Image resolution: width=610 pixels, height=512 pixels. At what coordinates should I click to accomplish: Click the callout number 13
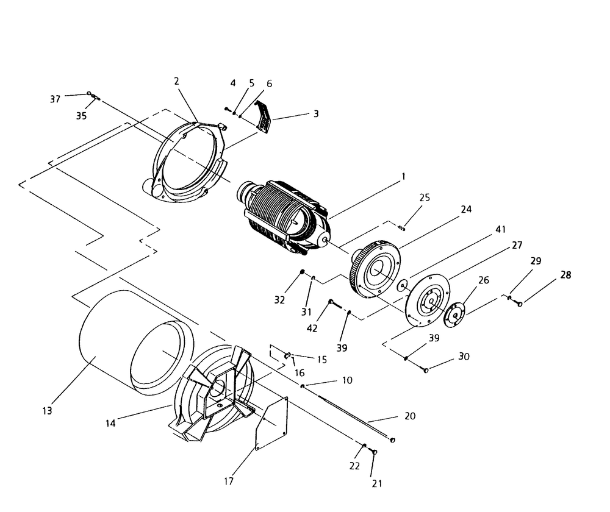pos(48,410)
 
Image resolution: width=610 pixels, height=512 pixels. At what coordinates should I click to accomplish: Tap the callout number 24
pos(466,208)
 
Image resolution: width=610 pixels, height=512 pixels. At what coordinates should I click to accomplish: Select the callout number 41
pos(501,230)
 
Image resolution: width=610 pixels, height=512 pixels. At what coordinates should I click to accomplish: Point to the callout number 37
pos(56,99)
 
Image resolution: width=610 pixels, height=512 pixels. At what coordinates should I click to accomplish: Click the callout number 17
pos(229,481)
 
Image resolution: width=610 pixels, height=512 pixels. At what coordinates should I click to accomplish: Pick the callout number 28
pos(566,276)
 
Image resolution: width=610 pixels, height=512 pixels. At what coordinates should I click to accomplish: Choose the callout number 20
pos(410,416)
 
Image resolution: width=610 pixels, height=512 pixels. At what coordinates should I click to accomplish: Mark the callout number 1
pos(403,177)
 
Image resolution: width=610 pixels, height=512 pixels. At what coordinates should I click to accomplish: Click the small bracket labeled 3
pos(263,116)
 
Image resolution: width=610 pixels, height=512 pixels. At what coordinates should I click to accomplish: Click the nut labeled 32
pos(301,272)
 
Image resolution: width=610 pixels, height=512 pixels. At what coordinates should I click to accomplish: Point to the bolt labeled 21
pos(375,451)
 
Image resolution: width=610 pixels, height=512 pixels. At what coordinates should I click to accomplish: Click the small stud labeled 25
pos(401,229)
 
